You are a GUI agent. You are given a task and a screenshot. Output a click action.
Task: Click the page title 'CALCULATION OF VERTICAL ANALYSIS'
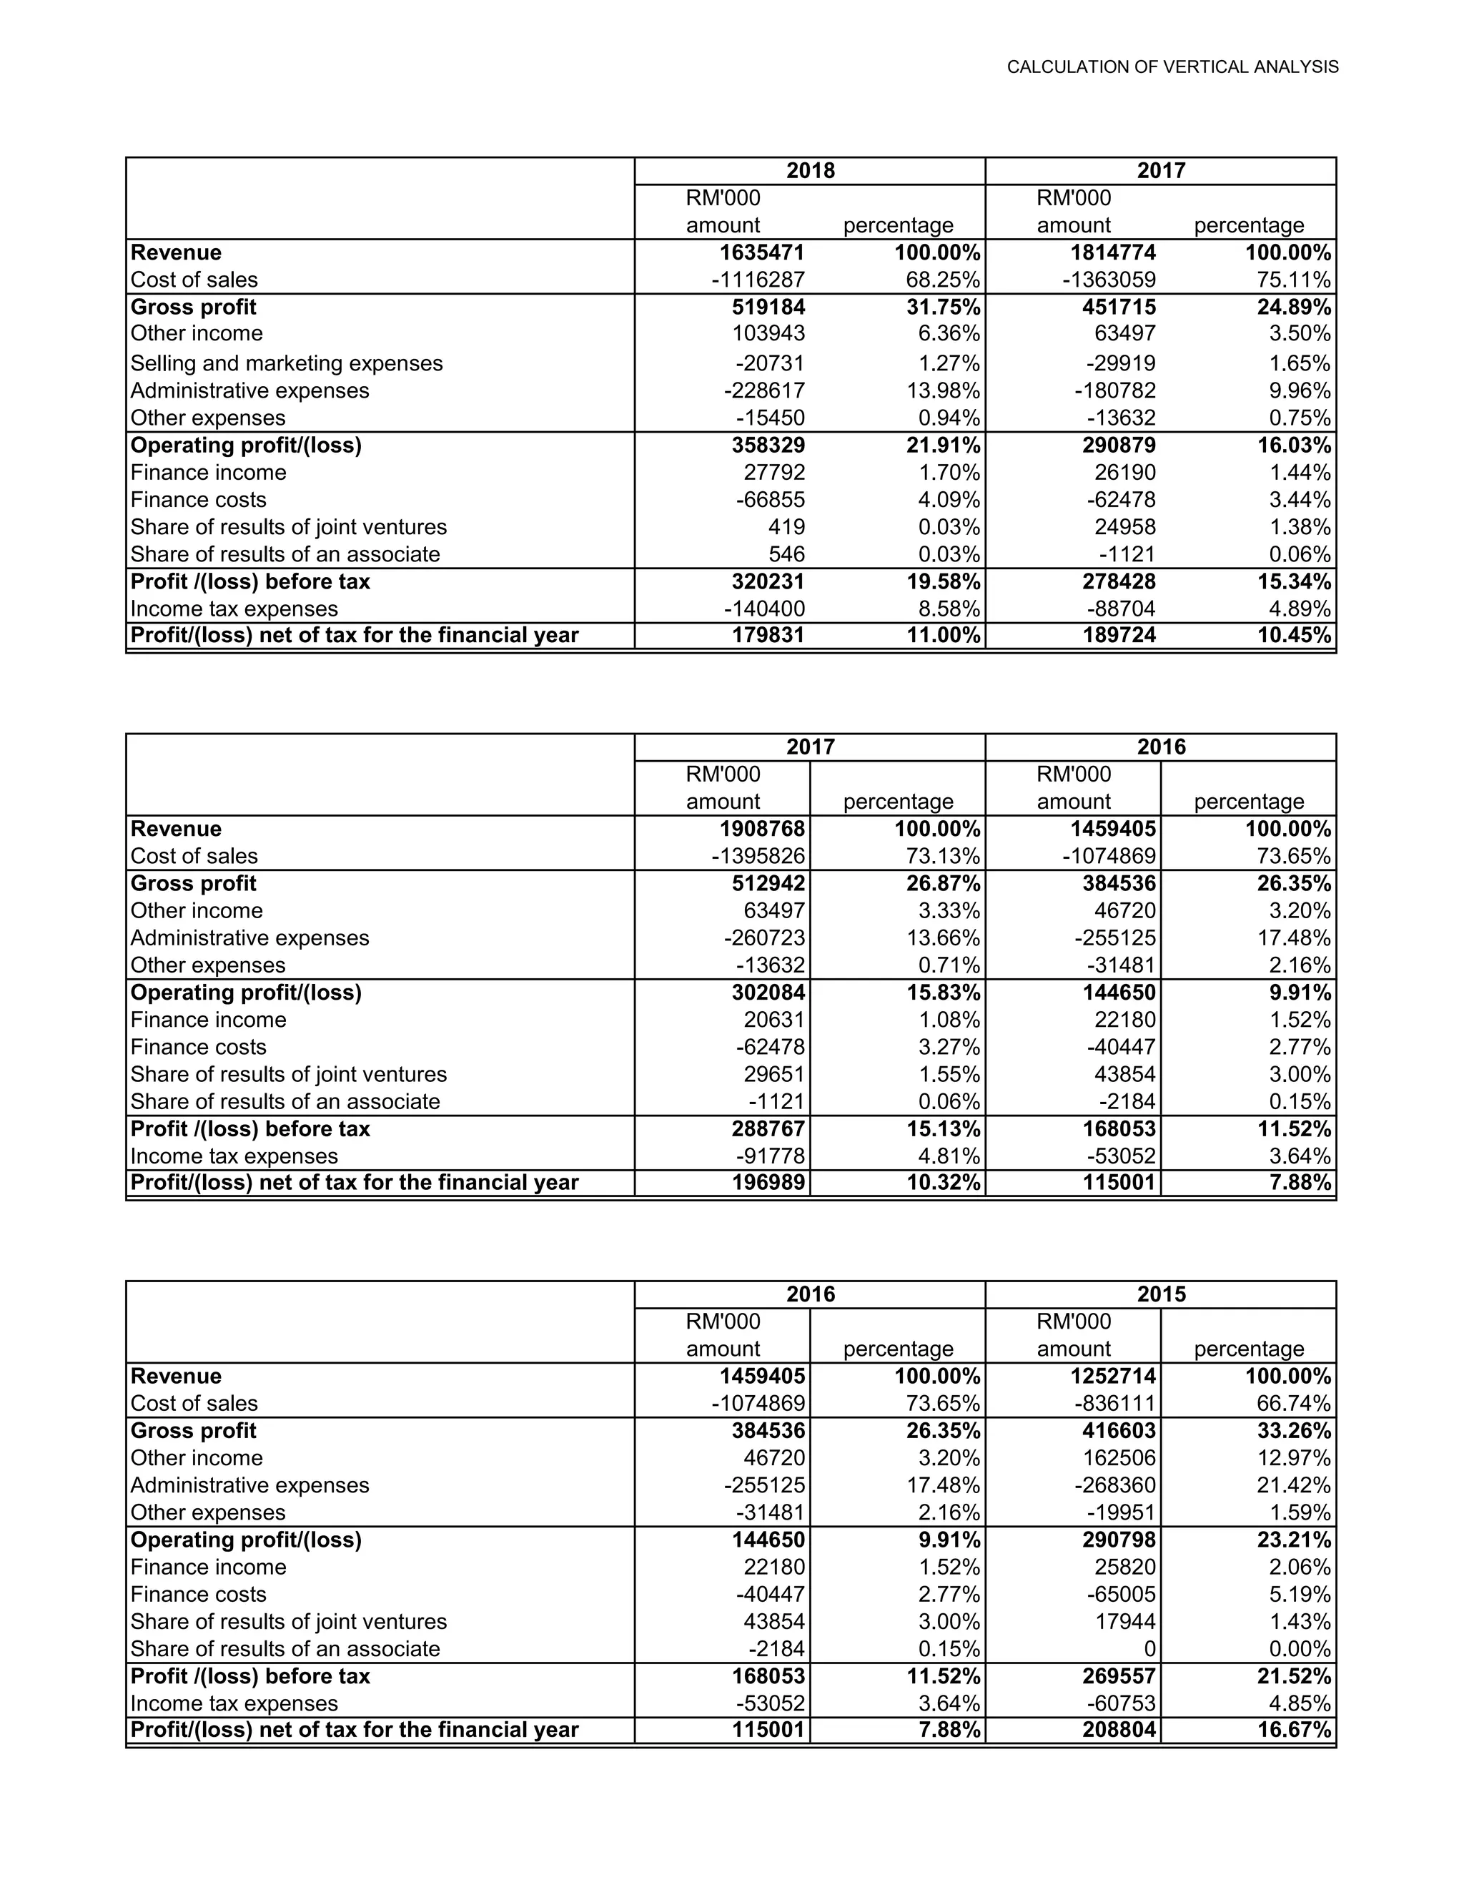click(1172, 67)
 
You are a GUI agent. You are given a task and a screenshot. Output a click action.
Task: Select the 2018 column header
click(810, 170)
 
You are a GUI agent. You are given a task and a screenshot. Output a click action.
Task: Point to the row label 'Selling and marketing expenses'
click(286, 363)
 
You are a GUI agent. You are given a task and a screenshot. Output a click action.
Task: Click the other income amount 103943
click(768, 333)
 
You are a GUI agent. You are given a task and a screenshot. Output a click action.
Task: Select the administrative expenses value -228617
click(764, 390)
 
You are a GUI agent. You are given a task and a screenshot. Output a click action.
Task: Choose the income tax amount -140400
click(764, 609)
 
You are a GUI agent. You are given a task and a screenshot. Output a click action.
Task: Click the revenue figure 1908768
click(761, 829)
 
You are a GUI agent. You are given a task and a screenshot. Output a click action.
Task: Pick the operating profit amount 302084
click(768, 992)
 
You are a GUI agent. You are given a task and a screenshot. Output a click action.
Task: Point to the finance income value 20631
click(774, 1020)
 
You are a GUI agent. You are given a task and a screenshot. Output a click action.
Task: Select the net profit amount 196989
click(768, 1183)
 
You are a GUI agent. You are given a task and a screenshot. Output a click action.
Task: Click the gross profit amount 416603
click(1119, 1431)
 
